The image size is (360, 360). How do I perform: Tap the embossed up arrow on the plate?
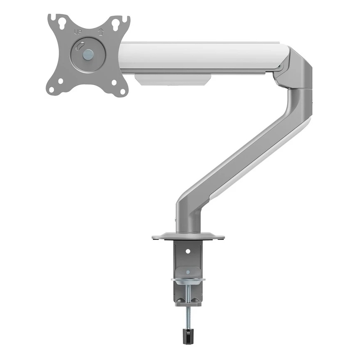coord(100,32)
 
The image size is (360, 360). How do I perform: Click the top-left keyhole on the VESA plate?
coord(62,24)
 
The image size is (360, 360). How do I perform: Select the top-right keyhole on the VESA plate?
coord(115,24)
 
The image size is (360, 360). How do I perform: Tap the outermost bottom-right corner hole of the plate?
coord(123,91)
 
